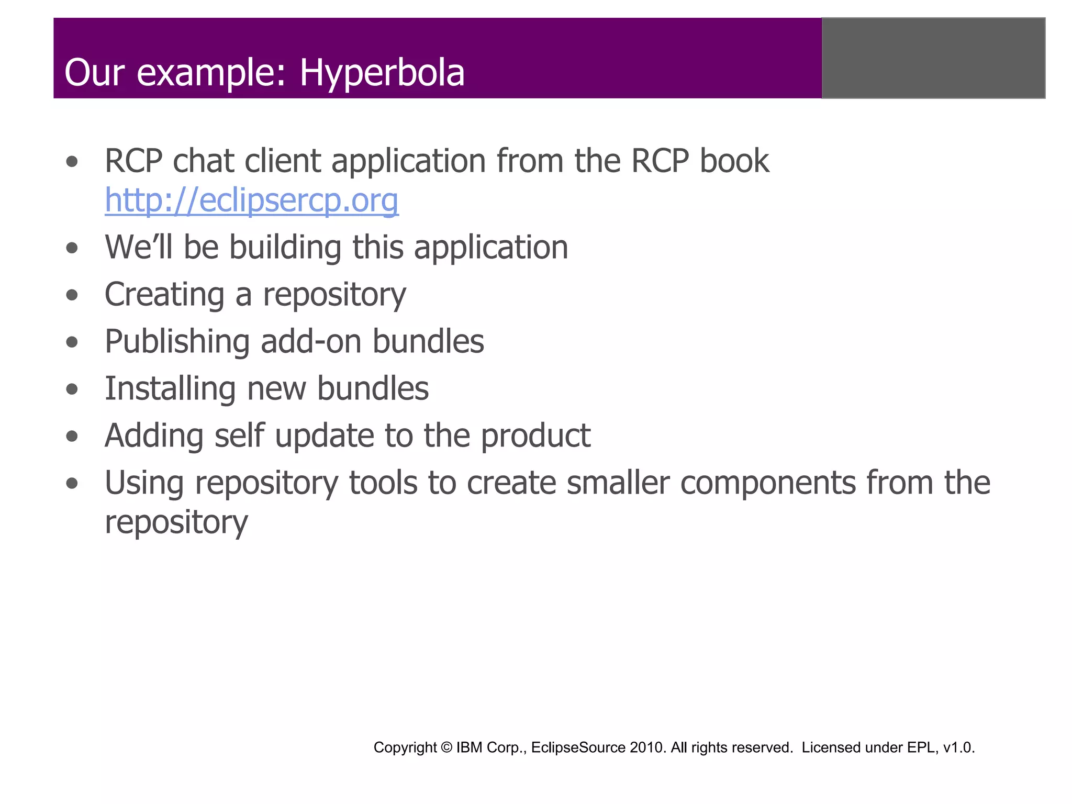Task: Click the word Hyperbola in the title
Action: click(382, 73)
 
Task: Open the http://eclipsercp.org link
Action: click(251, 200)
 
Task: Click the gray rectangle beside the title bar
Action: click(933, 58)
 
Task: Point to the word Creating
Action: click(164, 295)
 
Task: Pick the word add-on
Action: click(311, 342)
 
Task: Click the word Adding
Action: click(154, 436)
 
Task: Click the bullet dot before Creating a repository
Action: click(72, 295)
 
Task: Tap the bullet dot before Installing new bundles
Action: click(72, 389)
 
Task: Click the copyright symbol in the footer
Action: click(446, 747)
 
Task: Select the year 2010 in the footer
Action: click(648, 747)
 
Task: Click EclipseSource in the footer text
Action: click(578, 747)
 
